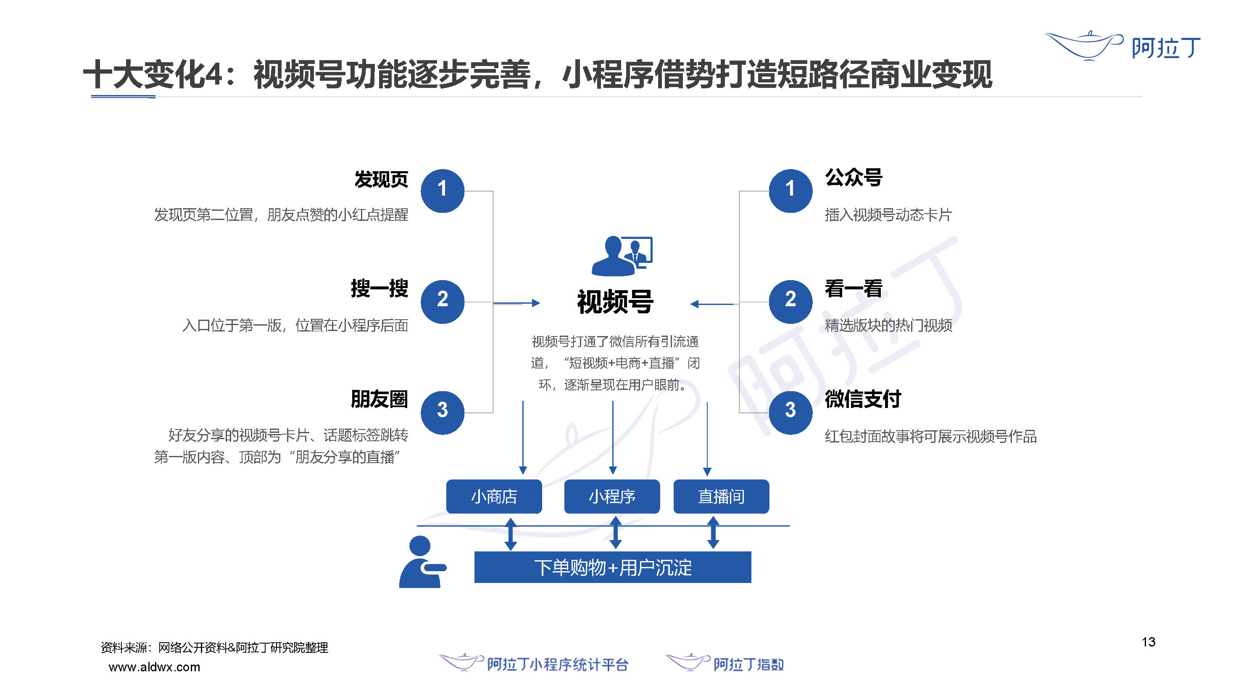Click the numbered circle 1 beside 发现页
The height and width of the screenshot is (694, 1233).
(x=442, y=191)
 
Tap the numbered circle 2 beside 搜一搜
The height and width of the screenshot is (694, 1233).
(x=442, y=302)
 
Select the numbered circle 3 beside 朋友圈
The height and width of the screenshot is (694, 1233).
(x=442, y=412)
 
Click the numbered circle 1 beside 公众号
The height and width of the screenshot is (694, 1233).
(x=790, y=191)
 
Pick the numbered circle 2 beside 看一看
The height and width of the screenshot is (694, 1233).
(x=790, y=302)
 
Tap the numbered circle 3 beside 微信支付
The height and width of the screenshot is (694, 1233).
(x=790, y=412)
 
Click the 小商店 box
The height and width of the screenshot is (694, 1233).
(x=494, y=496)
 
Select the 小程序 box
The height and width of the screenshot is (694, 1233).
(x=612, y=496)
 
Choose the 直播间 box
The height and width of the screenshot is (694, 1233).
(x=721, y=496)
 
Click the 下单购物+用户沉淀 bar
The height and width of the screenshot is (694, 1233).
(x=613, y=567)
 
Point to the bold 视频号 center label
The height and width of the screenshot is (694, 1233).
(x=615, y=302)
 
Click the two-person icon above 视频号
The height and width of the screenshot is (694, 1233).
(x=622, y=255)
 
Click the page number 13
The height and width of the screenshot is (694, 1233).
(x=1148, y=642)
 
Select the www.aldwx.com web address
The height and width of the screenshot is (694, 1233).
(x=154, y=667)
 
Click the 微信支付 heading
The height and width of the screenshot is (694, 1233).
(x=862, y=398)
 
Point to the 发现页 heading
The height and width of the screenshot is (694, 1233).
(x=381, y=179)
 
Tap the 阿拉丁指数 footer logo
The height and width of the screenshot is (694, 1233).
(x=725, y=663)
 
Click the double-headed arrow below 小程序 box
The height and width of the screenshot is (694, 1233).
(x=616, y=532)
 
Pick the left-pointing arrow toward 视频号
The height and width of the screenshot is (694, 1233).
(x=712, y=304)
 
